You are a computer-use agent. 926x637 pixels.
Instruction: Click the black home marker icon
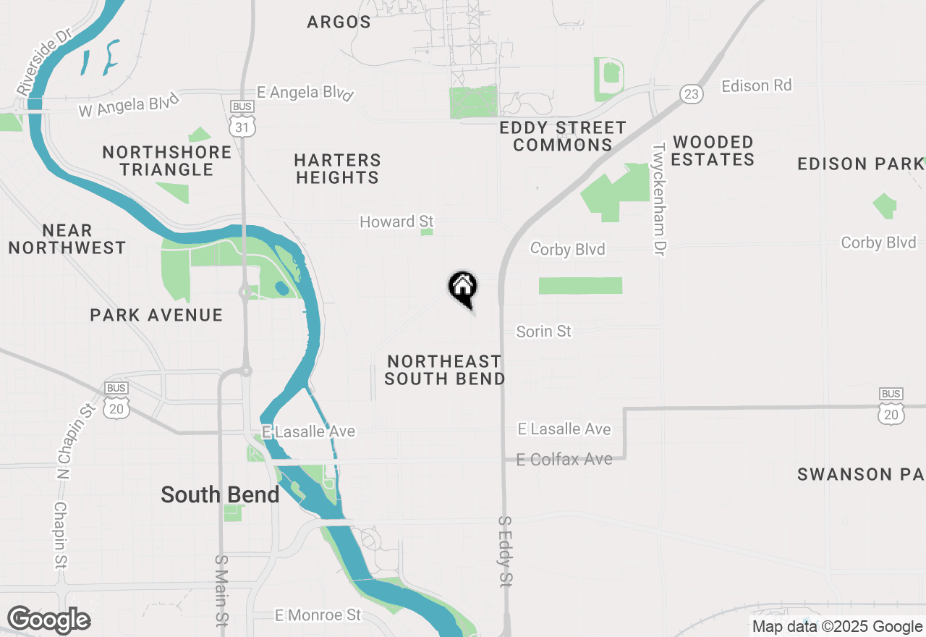(463, 288)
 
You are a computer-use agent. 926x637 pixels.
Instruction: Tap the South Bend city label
(220, 495)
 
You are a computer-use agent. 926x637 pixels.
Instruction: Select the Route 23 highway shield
(692, 93)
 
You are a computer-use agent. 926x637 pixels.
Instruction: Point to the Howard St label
(396, 222)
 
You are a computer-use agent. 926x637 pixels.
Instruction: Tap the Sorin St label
(543, 332)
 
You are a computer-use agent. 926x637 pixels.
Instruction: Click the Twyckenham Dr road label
(659, 199)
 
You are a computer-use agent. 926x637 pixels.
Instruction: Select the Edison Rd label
(756, 85)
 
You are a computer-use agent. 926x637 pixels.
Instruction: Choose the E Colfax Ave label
(564, 459)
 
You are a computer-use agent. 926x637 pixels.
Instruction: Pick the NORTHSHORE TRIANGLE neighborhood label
(167, 161)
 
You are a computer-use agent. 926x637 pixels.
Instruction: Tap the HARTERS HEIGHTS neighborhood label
(338, 169)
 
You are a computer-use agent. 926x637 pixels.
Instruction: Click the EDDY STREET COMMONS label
(563, 136)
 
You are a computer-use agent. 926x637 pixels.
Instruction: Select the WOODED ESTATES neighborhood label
(713, 151)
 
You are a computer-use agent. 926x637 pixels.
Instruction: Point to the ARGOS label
(339, 22)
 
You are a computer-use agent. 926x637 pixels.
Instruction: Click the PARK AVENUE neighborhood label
(156, 315)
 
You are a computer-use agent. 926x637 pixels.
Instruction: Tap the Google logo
(48, 620)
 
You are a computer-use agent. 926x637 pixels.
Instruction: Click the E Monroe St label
(318, 615)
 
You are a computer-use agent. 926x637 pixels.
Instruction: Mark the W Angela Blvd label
(128, 106)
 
